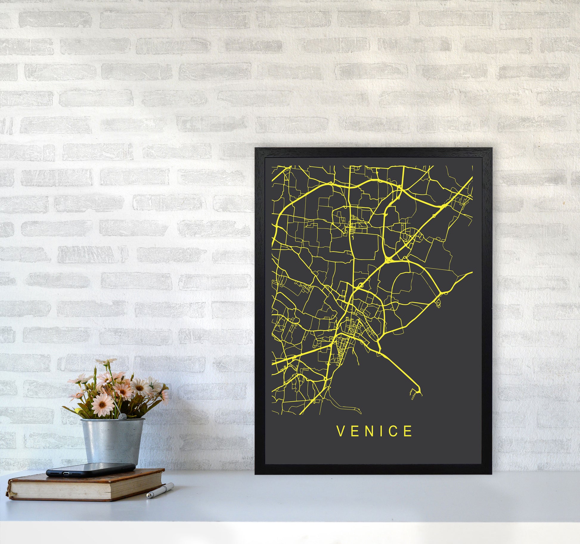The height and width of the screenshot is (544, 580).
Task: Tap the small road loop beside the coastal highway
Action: tap(438, 304)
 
